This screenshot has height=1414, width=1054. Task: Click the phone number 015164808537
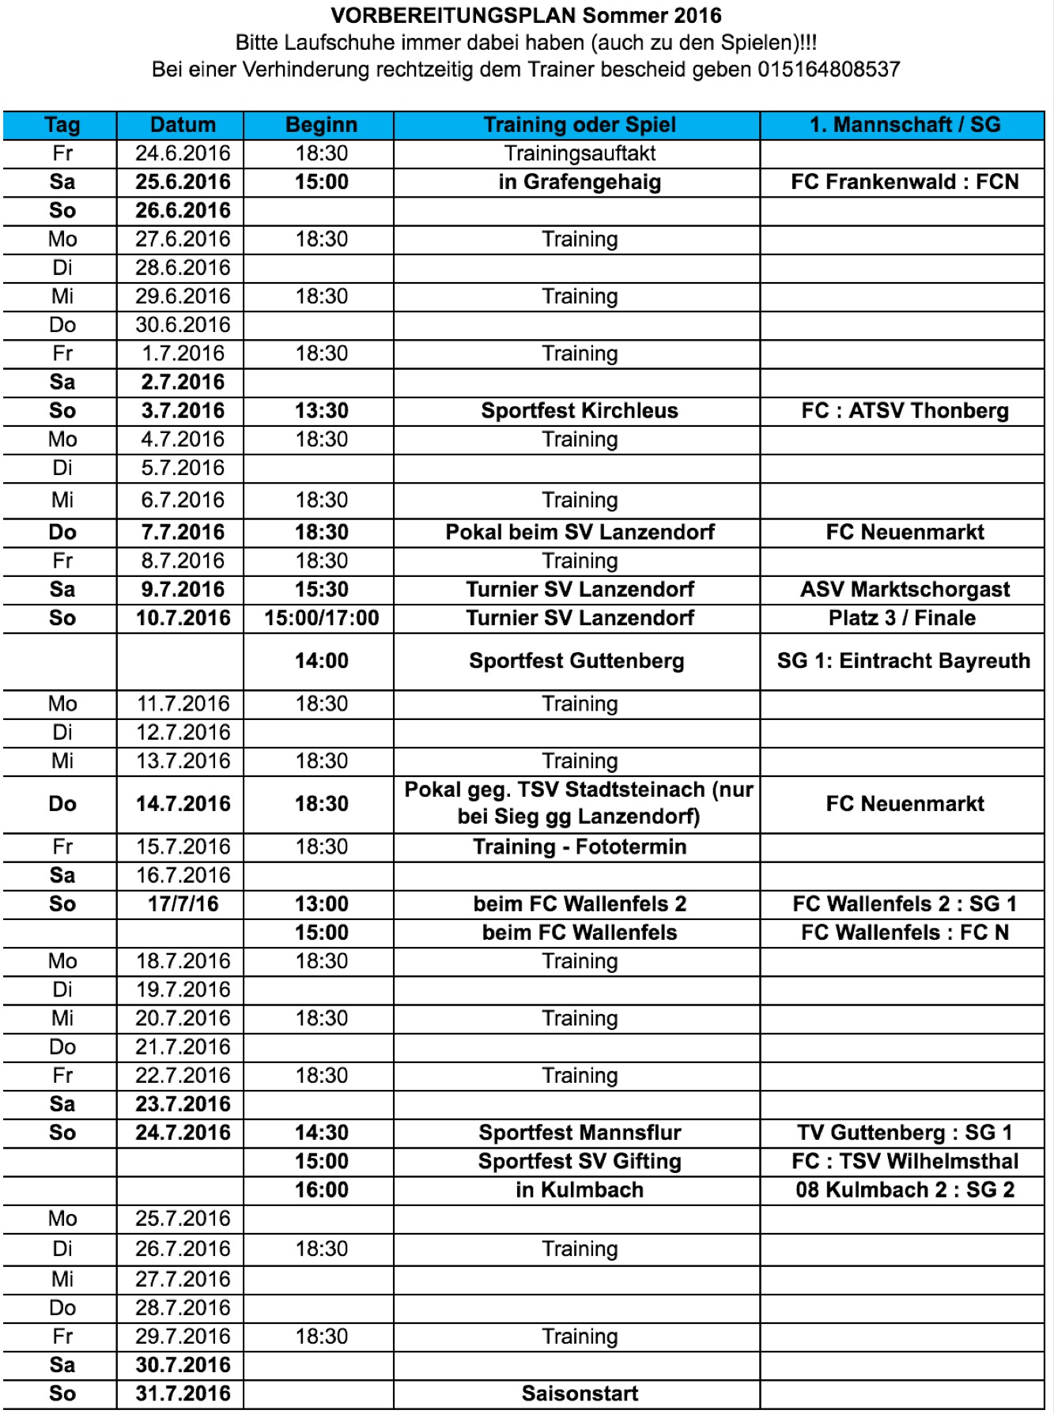pos(829,70)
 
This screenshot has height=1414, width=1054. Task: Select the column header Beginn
pos(321,125)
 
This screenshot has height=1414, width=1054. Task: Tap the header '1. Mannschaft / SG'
pos(905,125)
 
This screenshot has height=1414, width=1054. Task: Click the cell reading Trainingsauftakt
pos(580,153)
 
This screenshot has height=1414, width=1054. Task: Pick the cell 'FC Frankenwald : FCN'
pos(905,182)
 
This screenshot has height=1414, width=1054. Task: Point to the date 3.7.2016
pos(183,411)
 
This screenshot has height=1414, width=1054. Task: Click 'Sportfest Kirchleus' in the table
pos(580,411)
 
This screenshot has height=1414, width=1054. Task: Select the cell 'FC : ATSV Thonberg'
pos(905,411)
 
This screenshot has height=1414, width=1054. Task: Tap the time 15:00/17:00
pos(321,618)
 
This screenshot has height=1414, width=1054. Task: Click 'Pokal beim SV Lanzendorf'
pos(580,532)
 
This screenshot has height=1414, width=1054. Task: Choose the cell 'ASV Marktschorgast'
pos(905,590)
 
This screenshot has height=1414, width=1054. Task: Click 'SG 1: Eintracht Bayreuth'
pos(904,661)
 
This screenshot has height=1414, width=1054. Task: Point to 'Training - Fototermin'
pos(580,847)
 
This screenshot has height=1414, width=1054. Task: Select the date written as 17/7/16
pos(183,904)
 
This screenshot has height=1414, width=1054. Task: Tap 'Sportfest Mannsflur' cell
pos(580,1133)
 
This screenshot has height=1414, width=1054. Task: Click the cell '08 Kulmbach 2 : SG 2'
pos(905,1190)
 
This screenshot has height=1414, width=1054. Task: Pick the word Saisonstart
pos(580,1393)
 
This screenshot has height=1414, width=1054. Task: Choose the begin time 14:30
pos(321,1133)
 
